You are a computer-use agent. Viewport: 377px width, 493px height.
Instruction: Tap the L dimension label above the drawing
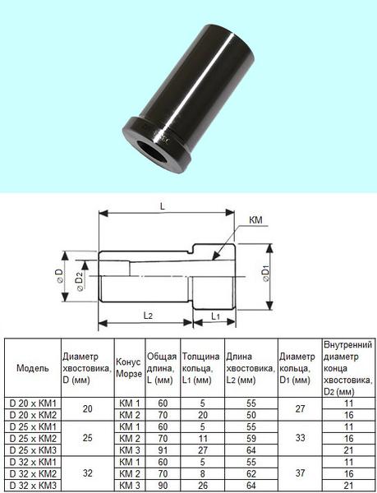pyautogui.click(x=163, y=206)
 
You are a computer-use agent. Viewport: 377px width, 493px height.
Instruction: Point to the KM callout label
pyautogui.click(x=255, y=219)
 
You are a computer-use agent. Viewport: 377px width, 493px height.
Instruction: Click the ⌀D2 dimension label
pyautogui.click(x=79, y=281)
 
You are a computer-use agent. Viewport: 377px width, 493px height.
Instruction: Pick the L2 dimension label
pyautogui.click(x=148, y=316)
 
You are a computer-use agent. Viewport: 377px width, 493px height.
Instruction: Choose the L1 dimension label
pyautogui.click(x=215, y=316)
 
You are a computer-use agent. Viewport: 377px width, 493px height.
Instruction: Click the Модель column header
pyautogui.click(x=33, y=368)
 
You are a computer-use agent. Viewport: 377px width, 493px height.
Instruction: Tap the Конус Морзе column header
pyautogui.click(x=129, y=368)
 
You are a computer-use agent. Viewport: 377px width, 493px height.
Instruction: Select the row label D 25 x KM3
pyautogui.click(x=33, y=450)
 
